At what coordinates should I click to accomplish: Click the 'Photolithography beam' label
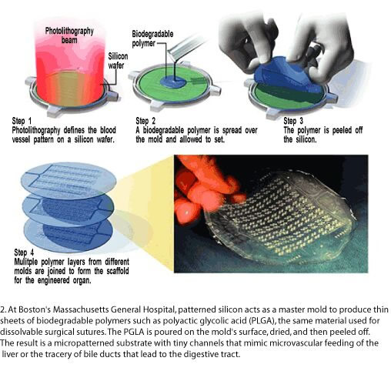[x=69, y=35]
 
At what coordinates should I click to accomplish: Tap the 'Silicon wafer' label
[x=118, y=61]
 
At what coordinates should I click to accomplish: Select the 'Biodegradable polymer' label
[x=152, y=38]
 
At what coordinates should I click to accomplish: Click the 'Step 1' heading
[x=22, y=121]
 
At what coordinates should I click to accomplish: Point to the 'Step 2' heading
[x=145, y=121]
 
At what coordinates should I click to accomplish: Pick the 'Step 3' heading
[x=293, y=121]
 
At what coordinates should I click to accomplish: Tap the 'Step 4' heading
[x=24, y=252]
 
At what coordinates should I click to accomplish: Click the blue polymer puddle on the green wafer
[x=173, y=82]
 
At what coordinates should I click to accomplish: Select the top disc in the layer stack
[x=69, y=180]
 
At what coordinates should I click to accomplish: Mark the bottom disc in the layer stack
[x=69, y=234]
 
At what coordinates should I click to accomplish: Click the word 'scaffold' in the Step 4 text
[x=118, y=271]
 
